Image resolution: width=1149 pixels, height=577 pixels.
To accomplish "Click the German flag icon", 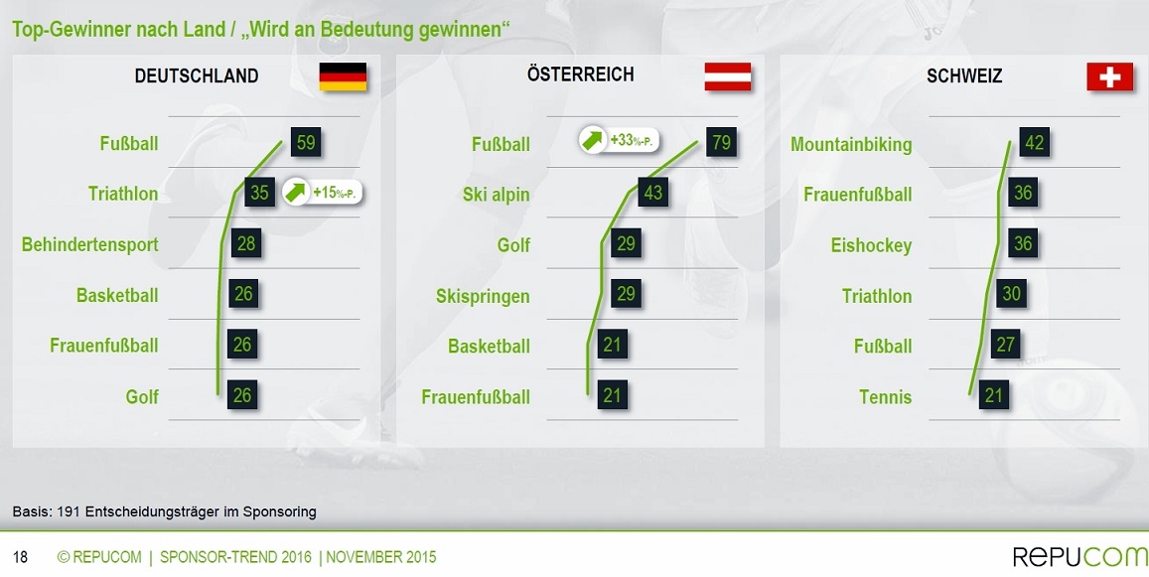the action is [x=343, y=76].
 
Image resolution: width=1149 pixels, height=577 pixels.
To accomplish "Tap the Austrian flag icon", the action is [x=728, y=76].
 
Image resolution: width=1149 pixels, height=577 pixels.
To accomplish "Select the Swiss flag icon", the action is [x=1109, y=76].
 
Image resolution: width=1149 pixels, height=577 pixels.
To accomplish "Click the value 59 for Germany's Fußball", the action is [x=306, y=141].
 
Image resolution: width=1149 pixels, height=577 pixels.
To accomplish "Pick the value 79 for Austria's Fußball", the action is [x=721, y=141].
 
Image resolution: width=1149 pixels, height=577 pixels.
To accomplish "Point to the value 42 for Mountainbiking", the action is [x=1034, y=141].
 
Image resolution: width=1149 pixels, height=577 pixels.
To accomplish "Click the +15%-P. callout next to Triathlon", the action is [x=323, y=192].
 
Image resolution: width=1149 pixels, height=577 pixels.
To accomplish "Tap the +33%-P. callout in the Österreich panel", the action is [x=620, y=139].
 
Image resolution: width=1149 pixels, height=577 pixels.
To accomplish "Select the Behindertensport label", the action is [x=89, y=244].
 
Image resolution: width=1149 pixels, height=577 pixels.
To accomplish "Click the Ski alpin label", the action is [x=497, y=195].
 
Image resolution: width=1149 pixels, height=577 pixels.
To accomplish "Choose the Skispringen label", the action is [x=483, y=296].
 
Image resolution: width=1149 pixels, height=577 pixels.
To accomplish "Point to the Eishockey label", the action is [x=871, y=245].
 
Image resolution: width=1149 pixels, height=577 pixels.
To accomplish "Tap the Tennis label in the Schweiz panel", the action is [x=885, y=396].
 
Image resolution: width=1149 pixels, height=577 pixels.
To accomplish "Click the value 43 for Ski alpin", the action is [x=652, y=192].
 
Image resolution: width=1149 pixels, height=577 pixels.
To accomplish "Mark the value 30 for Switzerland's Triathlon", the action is [x=1011, y=293].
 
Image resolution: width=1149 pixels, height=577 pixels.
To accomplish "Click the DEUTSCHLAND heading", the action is [x=197, y=75].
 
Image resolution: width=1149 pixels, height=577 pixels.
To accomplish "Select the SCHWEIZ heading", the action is [x=964, y=75].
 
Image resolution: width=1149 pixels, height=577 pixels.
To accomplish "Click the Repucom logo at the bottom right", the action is [x=1080, y=556].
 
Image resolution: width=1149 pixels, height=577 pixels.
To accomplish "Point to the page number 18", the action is [x=21, y=557].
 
